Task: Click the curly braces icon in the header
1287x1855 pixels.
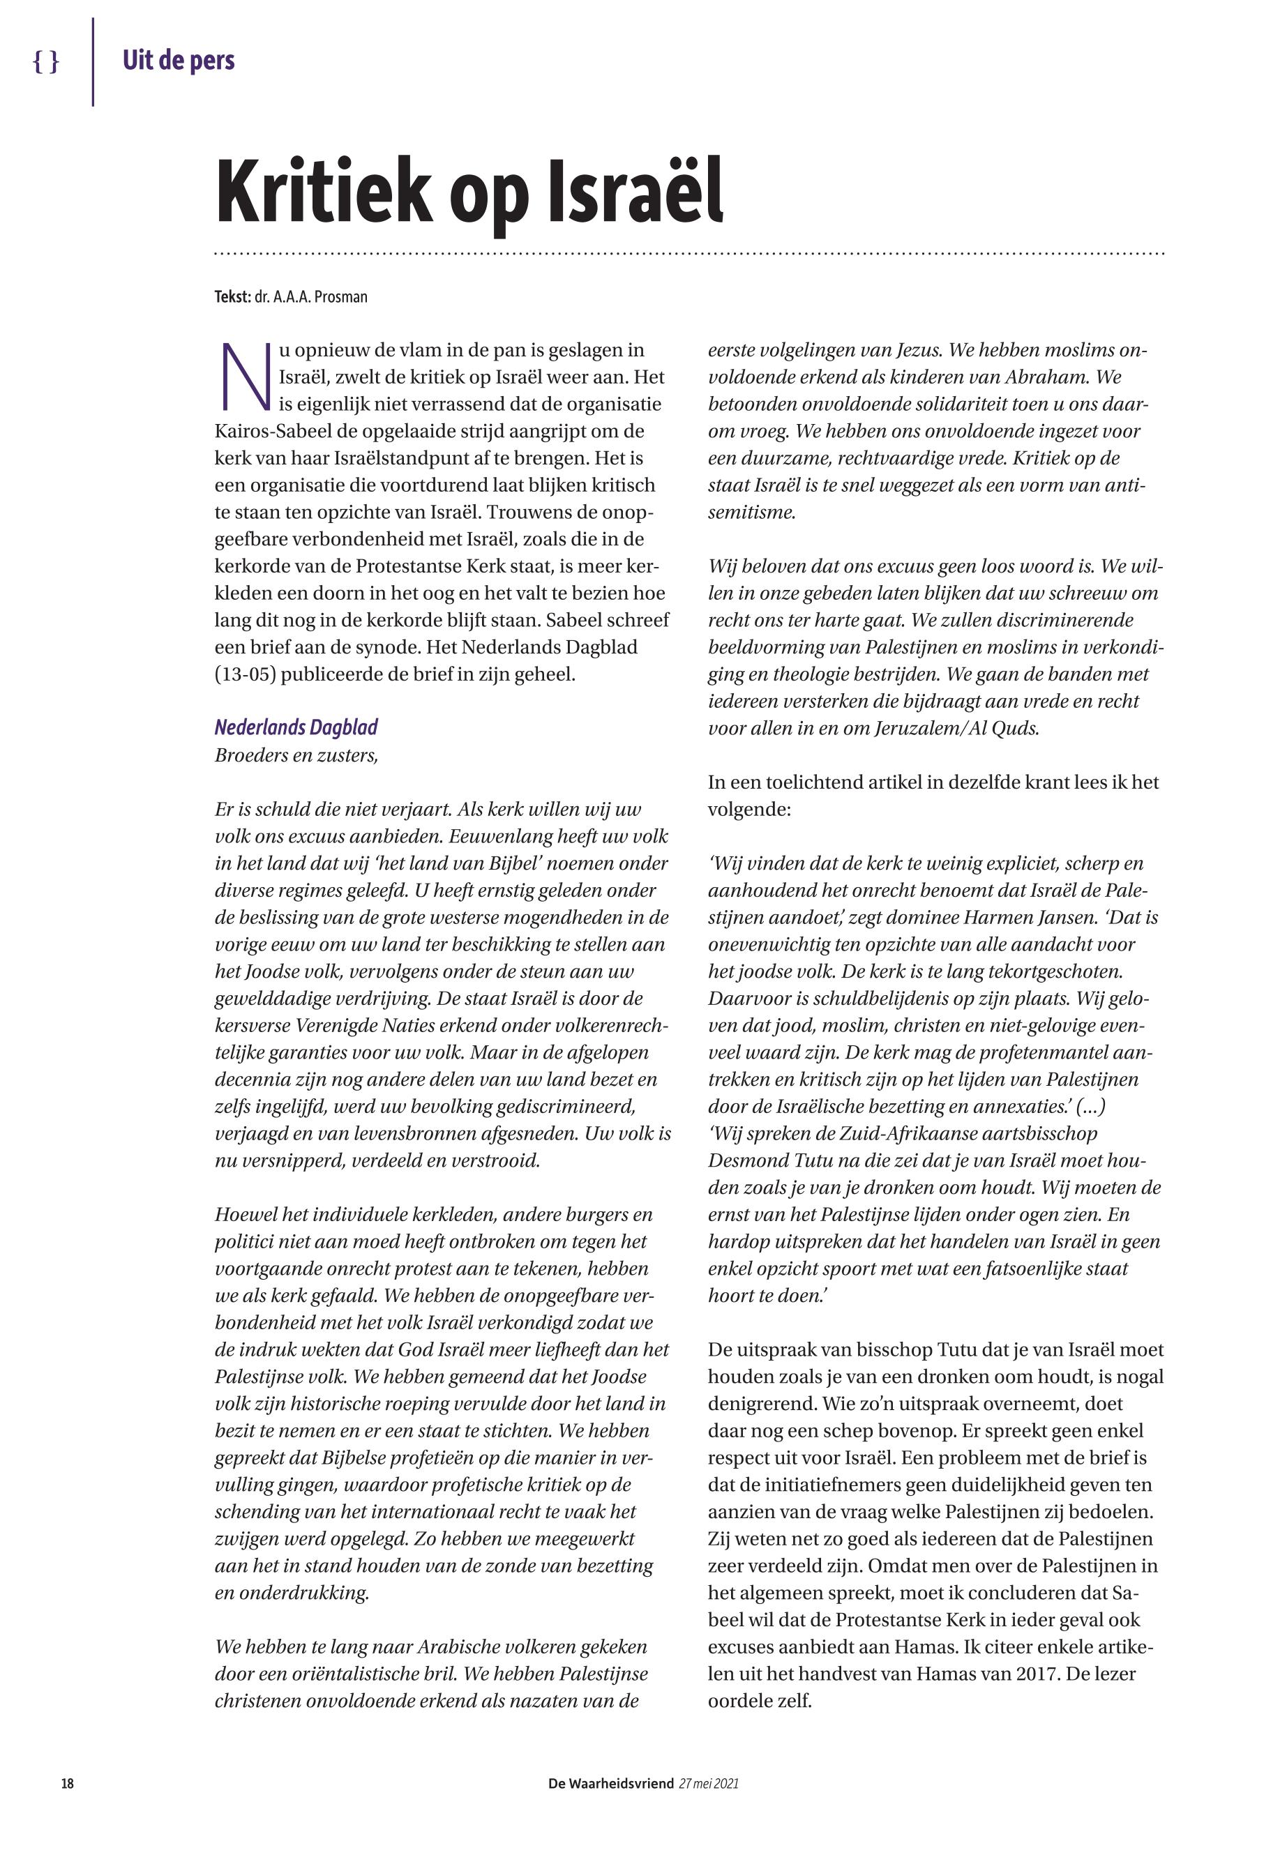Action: point(46,61)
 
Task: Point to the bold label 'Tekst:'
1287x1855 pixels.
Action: point(232,296)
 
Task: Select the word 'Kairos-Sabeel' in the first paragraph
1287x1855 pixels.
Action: point(272,430)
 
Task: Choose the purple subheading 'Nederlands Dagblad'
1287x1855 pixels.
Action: point(296,727)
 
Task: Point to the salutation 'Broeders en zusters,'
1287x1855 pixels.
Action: point(296,755)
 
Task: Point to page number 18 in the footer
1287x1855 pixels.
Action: point(68,1805)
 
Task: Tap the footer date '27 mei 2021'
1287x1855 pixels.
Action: point(709,1805)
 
